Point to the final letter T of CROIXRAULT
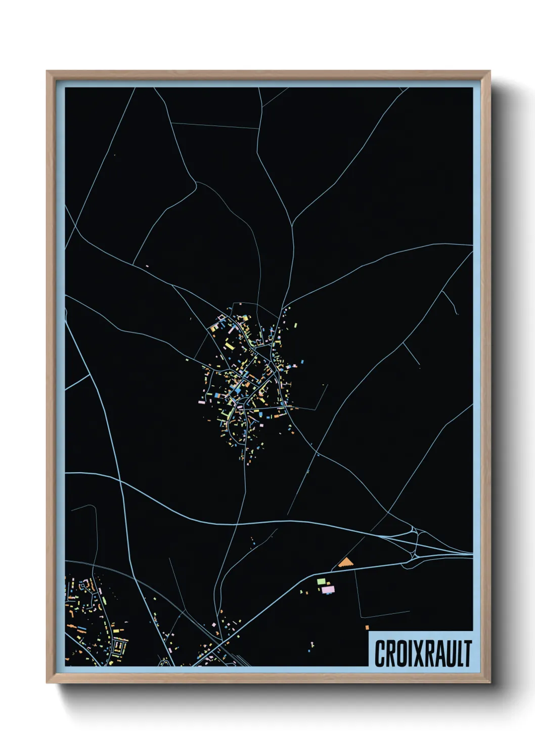pos(467,653)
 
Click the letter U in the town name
pos(447,653)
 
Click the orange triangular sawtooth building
pos(346,562)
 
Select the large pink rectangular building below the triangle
pos(328,589)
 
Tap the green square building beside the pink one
pos(320,581)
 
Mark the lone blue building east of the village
pos(302,362)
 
